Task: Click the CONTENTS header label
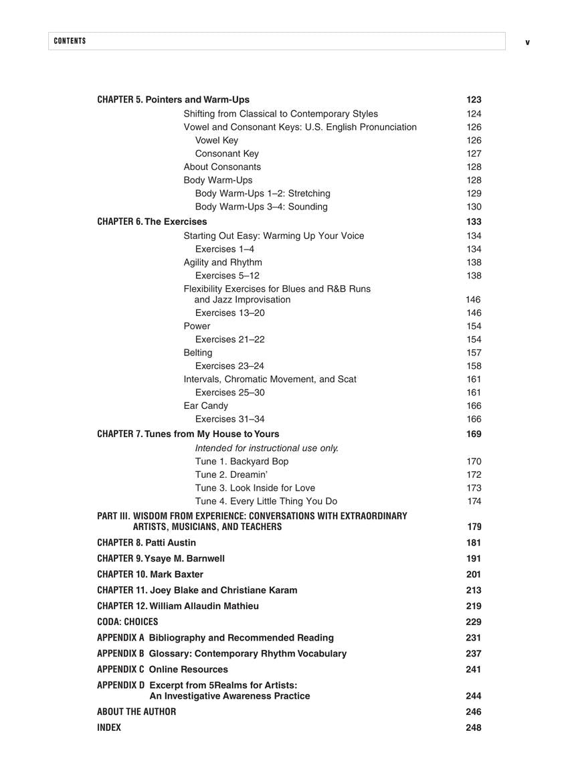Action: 70,41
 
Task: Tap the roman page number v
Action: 527,42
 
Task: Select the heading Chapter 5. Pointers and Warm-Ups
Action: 173,100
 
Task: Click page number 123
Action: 474,100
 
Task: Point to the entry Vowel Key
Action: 216,141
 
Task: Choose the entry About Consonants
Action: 222,167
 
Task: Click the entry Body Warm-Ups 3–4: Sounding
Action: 261,207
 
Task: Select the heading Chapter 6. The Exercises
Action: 152,222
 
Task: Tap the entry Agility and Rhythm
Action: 223,262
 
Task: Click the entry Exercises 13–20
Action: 229,313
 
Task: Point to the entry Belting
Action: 198,353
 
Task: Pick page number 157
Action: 474,353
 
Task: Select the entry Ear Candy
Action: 205,406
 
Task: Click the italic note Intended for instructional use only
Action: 267,448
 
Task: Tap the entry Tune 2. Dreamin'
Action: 231,475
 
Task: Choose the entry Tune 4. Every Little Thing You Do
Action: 266,501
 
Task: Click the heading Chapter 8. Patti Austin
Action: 147,543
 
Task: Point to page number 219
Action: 474,606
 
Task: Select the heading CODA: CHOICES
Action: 127,622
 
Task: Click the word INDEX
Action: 109,727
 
